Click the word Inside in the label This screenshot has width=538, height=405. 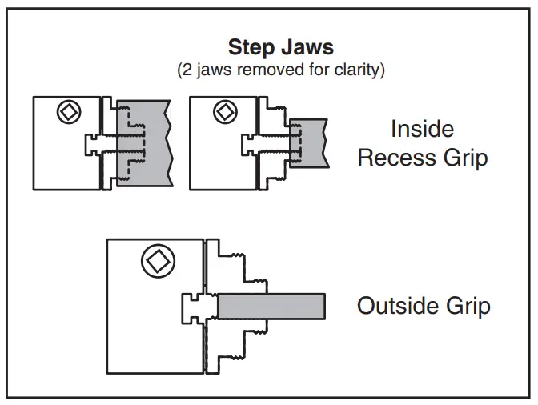pyautogui.click(x=422, y=129)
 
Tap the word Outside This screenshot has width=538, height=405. pyautogui.click(x=397, y=306)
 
